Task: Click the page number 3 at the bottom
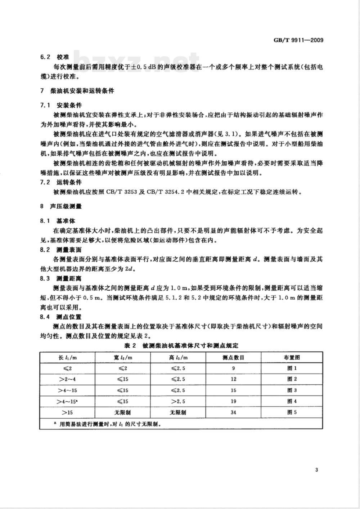click(x=316, y=470)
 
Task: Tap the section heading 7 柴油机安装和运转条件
click(x=77, y=91)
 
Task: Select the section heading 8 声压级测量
click(x=61, y=206)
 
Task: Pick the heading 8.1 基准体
click(x=58, y=220)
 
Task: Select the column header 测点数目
click(x=233, y=358)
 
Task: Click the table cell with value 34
click(x=233, y=412)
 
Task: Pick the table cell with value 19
click(x=233, y=401)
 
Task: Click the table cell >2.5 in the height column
click(x=178, y=401)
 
